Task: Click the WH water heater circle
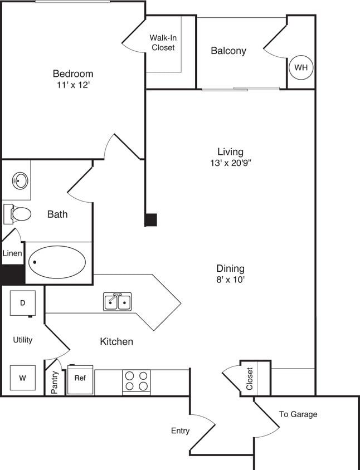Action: coord(301,67)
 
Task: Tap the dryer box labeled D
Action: coord(23,303)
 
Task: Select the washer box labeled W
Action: coord(23,378)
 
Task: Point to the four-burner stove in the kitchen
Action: coord(137,381)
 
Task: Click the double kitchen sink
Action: coord(118,301)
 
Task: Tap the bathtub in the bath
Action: coord(57,262)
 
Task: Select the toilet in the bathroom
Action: coord(18,214)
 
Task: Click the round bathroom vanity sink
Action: coord(21,180)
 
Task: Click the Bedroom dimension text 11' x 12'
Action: coord(72,86)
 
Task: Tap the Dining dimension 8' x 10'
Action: coord(230,280)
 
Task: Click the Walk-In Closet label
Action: coord(163,43)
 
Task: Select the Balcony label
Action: coord(228,51)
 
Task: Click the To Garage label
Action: coord(298,414)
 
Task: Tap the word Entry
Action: coord(180,430)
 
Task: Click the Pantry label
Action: coord(55,383)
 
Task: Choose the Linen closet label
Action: coord(12,253)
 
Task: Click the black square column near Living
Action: coord(150,219)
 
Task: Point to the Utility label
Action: coord(23,340)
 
